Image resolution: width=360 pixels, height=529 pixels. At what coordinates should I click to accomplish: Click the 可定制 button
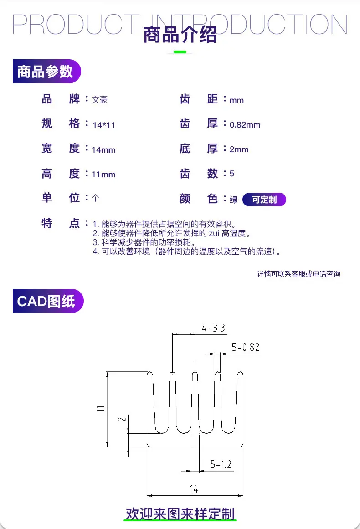264,200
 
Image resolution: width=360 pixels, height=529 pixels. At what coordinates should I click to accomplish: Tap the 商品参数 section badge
47,71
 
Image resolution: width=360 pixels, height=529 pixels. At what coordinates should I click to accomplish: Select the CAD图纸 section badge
48,301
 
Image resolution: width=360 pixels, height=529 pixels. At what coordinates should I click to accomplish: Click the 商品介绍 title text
180,35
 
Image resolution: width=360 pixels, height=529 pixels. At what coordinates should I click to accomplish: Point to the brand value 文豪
100,100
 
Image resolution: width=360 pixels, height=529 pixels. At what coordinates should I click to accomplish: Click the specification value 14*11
104,125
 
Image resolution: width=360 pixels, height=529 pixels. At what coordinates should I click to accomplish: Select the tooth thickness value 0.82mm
245,125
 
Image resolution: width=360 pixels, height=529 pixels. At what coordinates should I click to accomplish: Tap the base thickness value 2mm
239,149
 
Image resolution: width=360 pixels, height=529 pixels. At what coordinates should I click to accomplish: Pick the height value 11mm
103,175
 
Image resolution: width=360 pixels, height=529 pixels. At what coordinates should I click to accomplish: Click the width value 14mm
103,150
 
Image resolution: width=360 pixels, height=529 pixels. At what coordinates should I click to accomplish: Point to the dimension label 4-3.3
213,328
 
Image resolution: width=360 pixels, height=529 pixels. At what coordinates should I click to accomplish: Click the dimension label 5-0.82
245,347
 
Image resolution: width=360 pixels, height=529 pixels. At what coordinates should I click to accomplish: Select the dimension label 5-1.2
221,465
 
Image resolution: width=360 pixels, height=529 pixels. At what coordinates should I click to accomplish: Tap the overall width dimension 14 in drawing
194,489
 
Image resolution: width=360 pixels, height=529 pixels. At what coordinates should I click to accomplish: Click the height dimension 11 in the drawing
101,409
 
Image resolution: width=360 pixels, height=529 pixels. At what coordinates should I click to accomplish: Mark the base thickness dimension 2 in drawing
122,419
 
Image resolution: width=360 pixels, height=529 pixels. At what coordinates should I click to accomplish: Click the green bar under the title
180,52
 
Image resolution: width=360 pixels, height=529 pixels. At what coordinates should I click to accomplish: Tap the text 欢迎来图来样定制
180,514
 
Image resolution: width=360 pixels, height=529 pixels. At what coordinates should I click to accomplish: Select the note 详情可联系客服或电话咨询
298,274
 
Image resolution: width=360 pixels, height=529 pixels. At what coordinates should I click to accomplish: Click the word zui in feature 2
214,233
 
